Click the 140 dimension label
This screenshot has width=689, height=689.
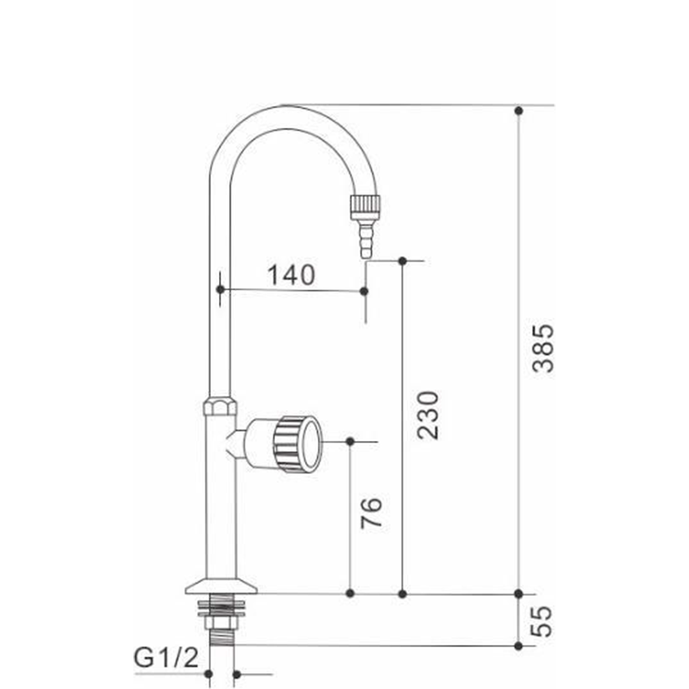[x=291, y=274]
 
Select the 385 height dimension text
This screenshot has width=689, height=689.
[x=543, y=348]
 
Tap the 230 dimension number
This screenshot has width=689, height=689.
[x=427, y=415]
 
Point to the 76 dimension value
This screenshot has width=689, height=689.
[x=371, y=512]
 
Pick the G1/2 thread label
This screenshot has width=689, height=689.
[x=166, y=658]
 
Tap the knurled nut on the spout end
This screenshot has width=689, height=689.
[x=365, y=207]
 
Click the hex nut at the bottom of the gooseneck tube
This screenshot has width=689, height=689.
[x=220, y=406]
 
